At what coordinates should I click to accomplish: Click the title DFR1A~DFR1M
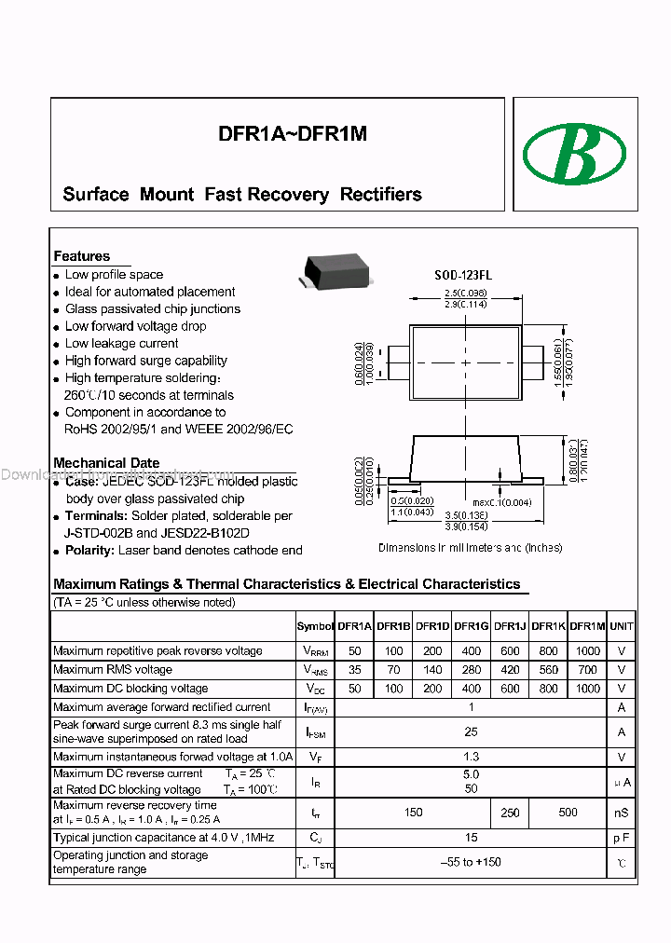(293, 134)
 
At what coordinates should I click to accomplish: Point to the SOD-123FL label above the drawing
(463, 276)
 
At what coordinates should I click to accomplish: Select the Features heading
(82, 256)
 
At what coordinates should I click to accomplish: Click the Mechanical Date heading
(106, 463)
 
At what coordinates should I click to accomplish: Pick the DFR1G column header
(471, 627)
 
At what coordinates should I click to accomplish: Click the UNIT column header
(622, 627)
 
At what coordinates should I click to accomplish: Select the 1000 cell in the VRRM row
(588, 651)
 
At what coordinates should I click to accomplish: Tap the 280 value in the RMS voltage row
(471, 670)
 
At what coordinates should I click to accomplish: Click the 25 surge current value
(471, 731)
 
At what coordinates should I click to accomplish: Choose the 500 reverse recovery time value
(568, 813)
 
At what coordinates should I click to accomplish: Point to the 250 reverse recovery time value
(510, 813)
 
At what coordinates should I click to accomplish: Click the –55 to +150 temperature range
(471, 862)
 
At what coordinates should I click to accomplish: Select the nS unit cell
(622, 813)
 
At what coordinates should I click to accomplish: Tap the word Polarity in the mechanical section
(89, 551)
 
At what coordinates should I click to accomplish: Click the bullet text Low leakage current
(121, 344)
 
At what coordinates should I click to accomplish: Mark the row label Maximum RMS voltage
(113, 670)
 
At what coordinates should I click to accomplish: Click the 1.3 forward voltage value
(471, 758)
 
